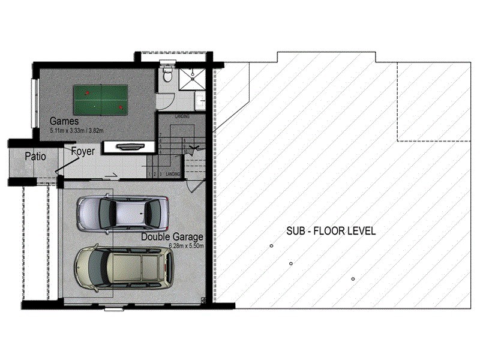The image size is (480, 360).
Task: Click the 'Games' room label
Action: click(61, 121)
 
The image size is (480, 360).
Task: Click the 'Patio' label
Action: click(36, 157)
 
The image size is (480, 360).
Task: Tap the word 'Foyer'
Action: click(83, 152)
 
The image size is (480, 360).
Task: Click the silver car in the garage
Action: click(124, 212)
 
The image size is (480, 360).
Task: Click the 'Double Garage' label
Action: click(172, 236)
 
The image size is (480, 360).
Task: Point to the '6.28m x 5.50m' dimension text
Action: click(187, 246)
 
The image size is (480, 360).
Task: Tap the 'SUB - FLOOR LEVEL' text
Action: click(331, 230)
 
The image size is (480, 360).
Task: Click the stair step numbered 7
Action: click(161, 136)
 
